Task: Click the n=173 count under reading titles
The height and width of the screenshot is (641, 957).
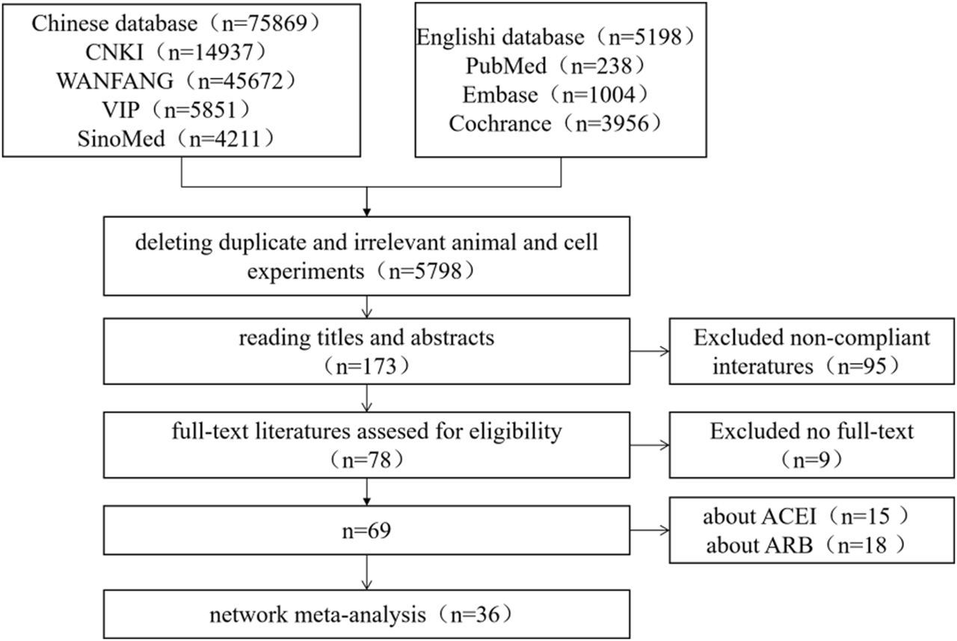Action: [x=367, y=366]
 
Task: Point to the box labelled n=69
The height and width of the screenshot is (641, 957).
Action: [x=367, y=532]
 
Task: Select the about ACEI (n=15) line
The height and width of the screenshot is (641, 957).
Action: [x=812, y=517]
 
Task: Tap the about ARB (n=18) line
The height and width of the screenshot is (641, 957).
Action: [x=812, y=547]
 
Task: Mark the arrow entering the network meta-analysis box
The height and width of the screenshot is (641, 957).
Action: [x=367, y=577]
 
